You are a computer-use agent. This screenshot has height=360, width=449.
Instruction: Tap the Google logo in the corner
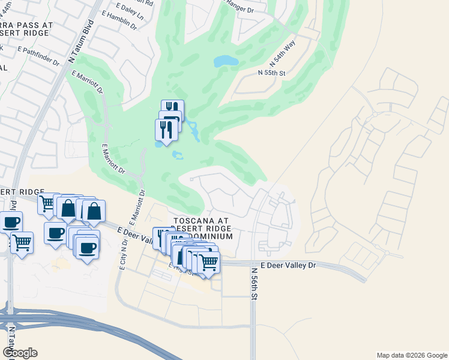coord(19,353)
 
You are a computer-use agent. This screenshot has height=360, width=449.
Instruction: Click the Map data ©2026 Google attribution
coord(412,355)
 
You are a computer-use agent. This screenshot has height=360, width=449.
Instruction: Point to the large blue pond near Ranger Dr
coord(226,61)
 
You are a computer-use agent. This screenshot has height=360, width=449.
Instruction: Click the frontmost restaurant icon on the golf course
coord(166,128)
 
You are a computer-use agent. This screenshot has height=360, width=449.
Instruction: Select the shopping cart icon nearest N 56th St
coord(208,261)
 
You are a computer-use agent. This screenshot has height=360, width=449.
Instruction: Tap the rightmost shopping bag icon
coord(94,210)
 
